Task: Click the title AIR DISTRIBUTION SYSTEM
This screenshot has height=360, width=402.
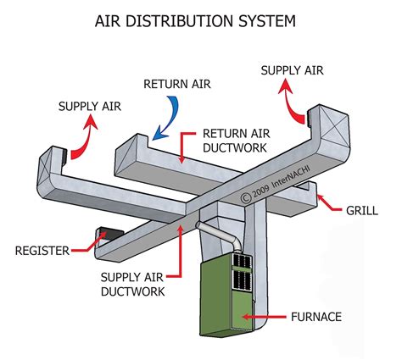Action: (201, 19)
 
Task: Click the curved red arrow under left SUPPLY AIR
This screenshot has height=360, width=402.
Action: (81, 140)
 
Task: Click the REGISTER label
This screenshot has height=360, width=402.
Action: (41, 250)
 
